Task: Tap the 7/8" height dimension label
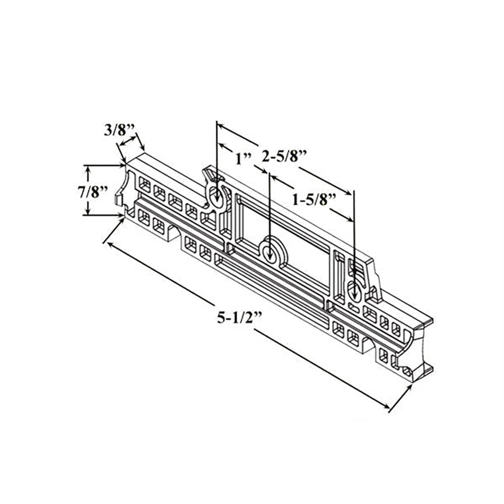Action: [93, 192]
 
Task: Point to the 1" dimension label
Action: [243, 159]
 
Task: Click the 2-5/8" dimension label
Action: [284, 156]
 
